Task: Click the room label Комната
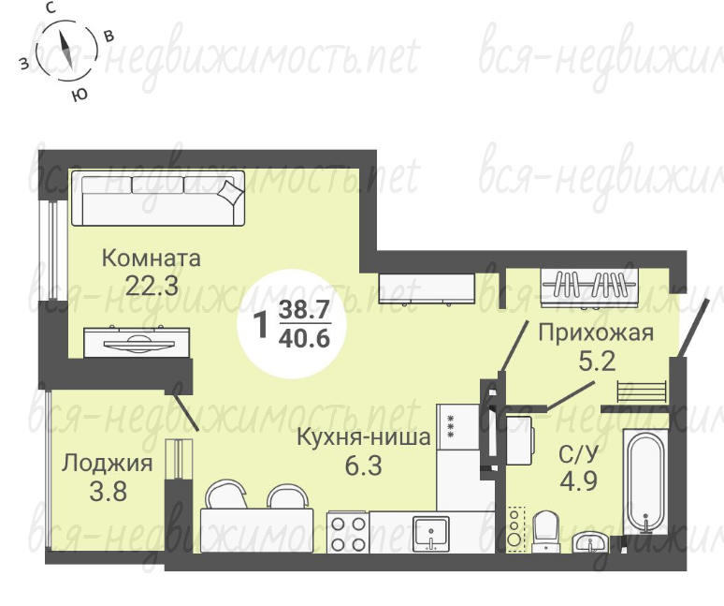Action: pos(151,259)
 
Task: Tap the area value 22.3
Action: pos(152,286)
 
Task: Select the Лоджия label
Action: pos(108,464)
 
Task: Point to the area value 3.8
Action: pos(109,492)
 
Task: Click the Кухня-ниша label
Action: pos(363,436)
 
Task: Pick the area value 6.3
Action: pos(363,466)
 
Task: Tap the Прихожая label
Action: pos(596,333)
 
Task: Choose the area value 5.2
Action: pos(598,361)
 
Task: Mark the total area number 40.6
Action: pos(304,338)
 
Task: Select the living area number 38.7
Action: pos(304,307)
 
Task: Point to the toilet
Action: pos(546,532)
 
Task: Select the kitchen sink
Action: pos(431,533)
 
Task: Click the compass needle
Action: pos(66,51)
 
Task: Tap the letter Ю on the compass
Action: pos(80,95)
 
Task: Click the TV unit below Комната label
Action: pos(137,342)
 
